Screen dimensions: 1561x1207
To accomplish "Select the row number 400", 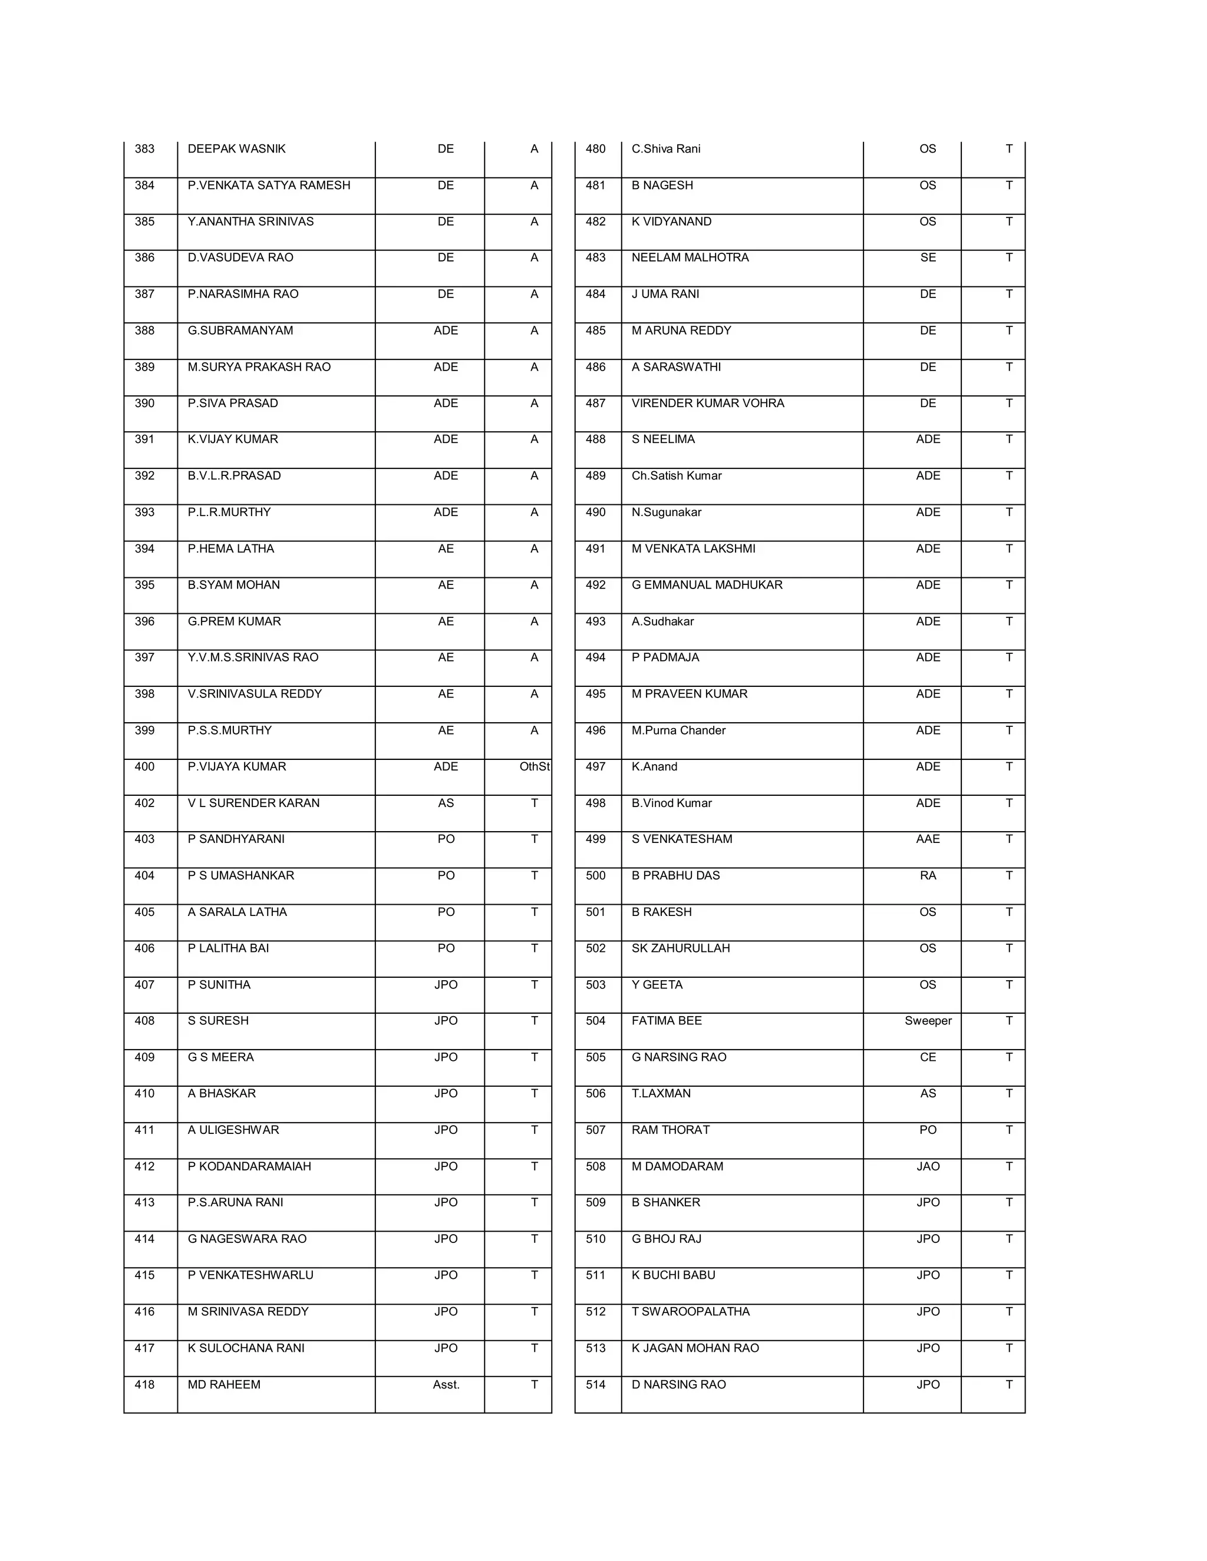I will coord(144,766).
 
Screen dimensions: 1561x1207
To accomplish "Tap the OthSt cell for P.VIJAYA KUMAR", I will coord(533,766).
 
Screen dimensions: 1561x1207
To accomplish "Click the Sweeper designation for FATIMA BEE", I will coord(928,1021).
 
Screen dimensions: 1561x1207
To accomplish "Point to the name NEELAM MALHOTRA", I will coord(690,257).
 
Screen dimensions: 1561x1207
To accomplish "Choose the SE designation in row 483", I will coord(928,257).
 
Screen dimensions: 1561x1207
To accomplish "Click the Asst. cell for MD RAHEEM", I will coord(446,1384).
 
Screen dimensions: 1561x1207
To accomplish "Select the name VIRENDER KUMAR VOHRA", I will coord(707,403).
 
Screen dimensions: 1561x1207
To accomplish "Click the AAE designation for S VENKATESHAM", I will coord(928,839).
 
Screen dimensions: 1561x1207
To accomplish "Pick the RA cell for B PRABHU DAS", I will coord(928,875).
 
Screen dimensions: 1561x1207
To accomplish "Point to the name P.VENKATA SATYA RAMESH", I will coord(269,185).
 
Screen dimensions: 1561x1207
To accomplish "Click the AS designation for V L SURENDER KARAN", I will coord(446,803).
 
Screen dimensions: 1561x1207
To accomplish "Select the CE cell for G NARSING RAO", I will coord(928,1057).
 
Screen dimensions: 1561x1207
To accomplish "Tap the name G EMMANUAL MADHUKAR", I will coord(707,585).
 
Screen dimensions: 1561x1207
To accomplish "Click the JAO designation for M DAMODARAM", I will coord(928,1166).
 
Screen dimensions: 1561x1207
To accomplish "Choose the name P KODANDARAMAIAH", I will coord(249,1166).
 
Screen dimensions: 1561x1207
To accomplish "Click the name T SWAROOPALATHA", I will coord(690,1312).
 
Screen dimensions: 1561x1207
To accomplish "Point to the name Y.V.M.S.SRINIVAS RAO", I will coord(252,657).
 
